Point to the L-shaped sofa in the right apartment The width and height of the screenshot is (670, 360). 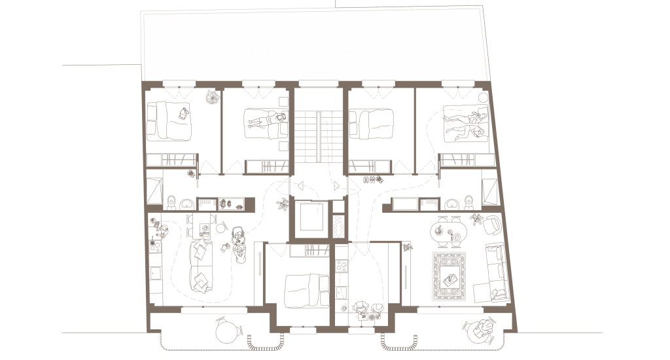tap(491, 274)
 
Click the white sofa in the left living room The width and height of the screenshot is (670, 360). tap(202, 265)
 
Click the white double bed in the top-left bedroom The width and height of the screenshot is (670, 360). tap(168, 122)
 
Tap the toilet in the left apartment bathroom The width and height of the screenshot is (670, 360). tap(171, 202)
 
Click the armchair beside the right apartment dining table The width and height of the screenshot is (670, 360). tap(491, 225)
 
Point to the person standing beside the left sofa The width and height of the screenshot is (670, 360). tap(238, 243)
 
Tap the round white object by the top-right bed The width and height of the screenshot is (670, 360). tap(483, 98)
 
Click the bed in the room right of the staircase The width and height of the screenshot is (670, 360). tap(374, 122)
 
